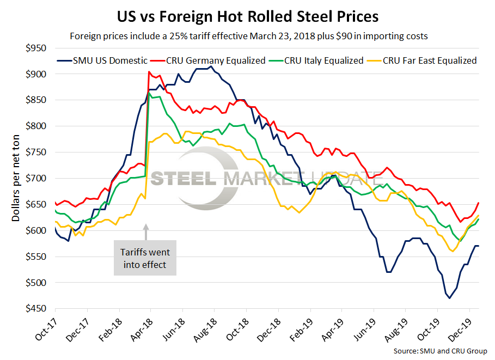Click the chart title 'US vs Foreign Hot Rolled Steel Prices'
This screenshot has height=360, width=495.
(247, 16)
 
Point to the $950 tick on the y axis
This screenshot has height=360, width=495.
(39, 48)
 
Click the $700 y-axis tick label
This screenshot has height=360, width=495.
(39, 178)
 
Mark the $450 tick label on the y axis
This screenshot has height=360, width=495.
(39, 309)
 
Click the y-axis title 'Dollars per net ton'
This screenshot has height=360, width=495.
(16, 179)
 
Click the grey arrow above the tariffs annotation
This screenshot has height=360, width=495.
(145, 233)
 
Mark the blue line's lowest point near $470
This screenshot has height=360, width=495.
(449, 298)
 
